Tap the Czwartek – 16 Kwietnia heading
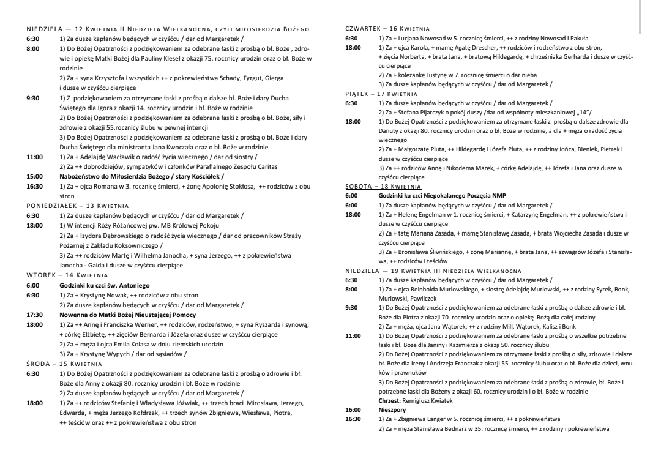pyautogui.click(x=387, y=28)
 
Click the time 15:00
pyautogui.click(x=34, y=176)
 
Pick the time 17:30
pyautogui.click(x=34, y=314)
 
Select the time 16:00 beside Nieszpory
pyautogui.click(x=353, y=409)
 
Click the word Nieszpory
pyautogui.click(x=392, y=409)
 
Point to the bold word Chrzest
pyautogui.click(x=390, y=400)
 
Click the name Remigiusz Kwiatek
pyautogui.click(x=428, y=400)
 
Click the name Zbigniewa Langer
pyautogui.click(x=422, y=419)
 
